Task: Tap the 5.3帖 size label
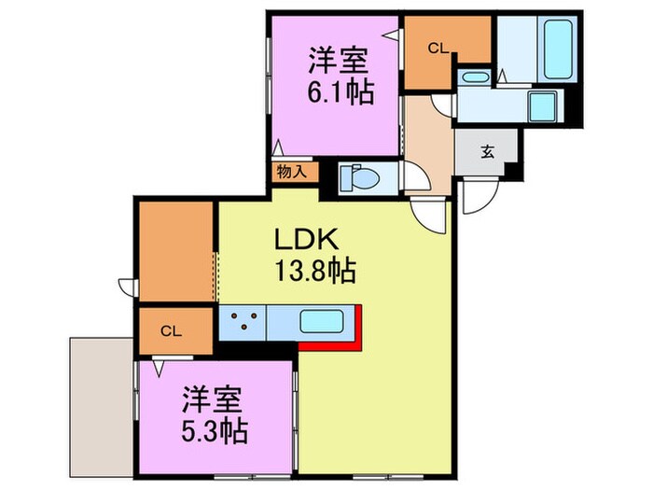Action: tap(214, 433)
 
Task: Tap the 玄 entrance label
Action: tap(487, 153)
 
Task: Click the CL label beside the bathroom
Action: tap(438, 48)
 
